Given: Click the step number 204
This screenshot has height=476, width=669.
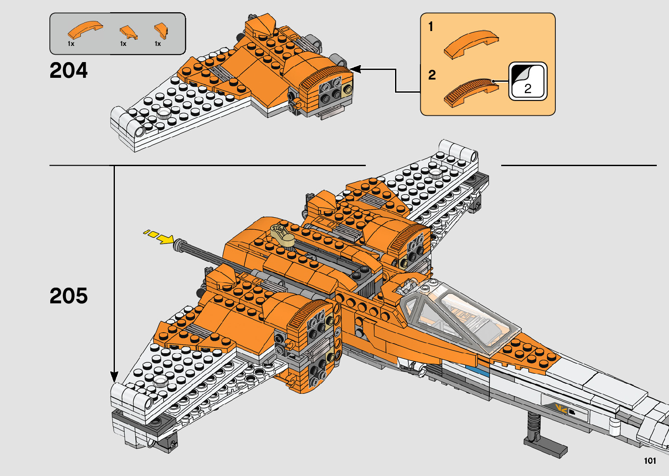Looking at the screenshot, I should tap(69, 70).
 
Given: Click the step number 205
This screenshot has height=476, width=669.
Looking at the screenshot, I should tap(69, 296).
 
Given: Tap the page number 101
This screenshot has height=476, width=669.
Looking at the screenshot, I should tap(650, 461).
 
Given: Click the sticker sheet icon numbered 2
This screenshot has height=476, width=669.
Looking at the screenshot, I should tap(527, 81).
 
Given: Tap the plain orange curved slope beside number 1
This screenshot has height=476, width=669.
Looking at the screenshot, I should tap(471, 44).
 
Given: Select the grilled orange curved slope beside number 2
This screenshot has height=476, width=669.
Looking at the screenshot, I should tap(471, 92).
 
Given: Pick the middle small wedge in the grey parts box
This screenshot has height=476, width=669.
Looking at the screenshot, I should tap(128, 31).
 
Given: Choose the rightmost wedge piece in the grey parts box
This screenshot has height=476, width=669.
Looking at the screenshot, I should tap(161, 31).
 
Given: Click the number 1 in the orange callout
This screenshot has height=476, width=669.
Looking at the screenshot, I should tap(431, 27).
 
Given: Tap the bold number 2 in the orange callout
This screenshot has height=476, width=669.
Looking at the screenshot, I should tap(432, 75).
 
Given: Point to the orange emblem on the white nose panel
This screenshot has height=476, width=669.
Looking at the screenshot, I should tap(561, 409).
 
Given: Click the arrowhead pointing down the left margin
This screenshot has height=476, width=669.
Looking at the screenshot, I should tap(114, 377).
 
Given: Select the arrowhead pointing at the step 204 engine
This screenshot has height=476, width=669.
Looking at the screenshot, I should tap(355, 69).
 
